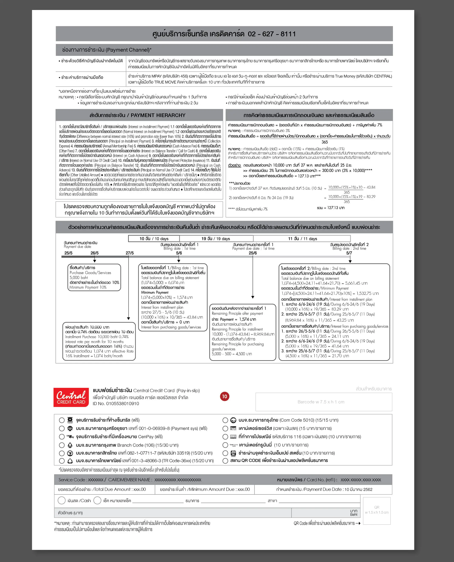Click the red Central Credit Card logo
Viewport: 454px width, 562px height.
71,397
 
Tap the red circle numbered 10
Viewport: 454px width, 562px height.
224,396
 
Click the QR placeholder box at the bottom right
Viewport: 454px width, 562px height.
376,511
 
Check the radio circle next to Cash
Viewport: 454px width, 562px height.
61,500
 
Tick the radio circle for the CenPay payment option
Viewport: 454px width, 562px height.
62,437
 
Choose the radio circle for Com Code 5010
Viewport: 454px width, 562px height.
225,420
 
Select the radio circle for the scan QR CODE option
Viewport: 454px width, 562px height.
225,461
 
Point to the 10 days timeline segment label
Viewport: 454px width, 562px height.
154,239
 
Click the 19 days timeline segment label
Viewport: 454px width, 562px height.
216,239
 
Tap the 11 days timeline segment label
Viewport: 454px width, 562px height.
302,239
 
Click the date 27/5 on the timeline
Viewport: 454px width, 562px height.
130,253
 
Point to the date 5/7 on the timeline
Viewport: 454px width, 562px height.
349,253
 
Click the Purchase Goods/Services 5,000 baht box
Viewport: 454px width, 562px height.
94,277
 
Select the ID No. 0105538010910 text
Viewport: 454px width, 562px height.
116,404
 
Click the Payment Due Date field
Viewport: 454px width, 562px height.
324,489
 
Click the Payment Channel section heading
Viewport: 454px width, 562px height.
107,50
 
